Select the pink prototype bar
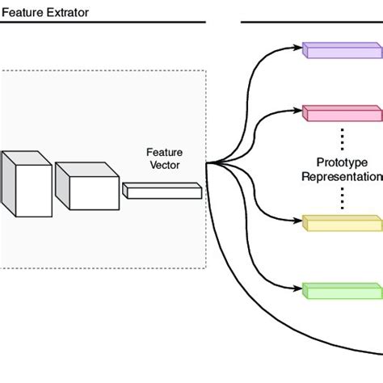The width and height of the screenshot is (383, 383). (x=342, y=112)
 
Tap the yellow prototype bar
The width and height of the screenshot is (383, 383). (x=342, y=222)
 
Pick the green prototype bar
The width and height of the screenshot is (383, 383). (x=342, y=289)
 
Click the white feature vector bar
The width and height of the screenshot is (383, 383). (x=162, y=191)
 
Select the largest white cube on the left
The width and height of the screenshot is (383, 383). (x=22, y=184)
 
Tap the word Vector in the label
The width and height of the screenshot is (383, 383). (x=163, y=165)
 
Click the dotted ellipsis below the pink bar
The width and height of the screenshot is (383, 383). (x=342, y=137)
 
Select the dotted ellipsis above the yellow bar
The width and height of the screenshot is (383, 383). (x=342, y=198)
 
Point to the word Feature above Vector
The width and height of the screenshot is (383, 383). (x=163, y=152)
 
